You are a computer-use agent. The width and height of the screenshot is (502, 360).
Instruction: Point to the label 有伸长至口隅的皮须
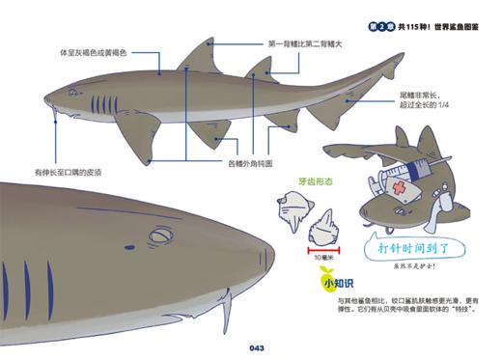coord(68,171)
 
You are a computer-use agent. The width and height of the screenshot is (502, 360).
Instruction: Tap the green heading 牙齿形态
coord(316,180)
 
